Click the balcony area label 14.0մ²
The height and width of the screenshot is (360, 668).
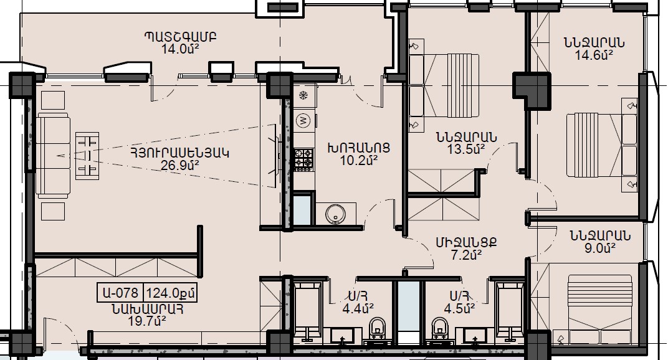180,49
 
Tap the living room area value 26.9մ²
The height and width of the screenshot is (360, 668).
180,165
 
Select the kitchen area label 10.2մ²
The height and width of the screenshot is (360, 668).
359,160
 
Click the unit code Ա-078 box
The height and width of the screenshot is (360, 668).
120,293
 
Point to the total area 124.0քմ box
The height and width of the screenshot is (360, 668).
170,293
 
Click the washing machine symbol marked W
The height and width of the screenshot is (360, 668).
303,121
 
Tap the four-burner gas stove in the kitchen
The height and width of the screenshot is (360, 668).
303,159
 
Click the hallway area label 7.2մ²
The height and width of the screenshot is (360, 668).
466,255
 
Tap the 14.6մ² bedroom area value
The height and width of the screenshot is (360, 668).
594,55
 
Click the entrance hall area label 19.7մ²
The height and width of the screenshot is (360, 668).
147,320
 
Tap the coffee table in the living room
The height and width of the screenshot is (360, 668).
87,156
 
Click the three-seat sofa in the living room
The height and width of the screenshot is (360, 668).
53,155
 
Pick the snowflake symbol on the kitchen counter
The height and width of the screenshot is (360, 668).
303,95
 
